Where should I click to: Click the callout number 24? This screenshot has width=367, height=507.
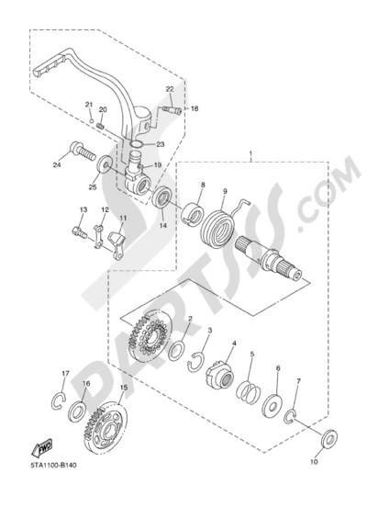coord(57,165)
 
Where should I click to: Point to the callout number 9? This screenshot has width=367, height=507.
coord(225,191)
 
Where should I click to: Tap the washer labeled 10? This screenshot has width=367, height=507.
coord(329,438)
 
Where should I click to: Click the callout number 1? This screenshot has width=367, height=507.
coord(250,153)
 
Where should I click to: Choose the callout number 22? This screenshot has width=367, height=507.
coord(170,89)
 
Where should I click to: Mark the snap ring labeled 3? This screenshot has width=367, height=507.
coord(196,362)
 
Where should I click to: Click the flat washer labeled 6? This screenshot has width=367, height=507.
coord(272,404)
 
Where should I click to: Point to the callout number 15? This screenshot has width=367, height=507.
coord(124,388)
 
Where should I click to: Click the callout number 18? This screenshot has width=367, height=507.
coord(195,108)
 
